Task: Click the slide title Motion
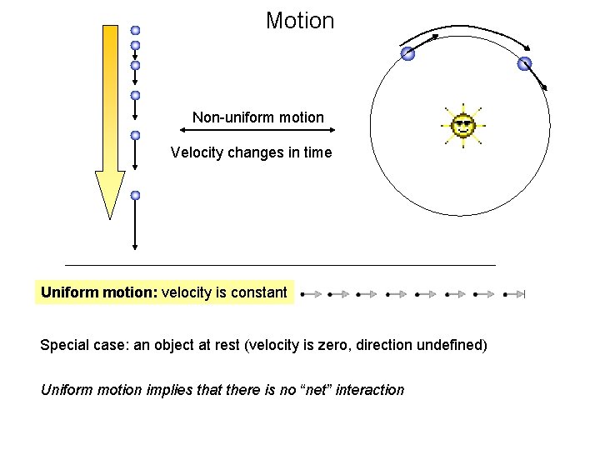point(300,21)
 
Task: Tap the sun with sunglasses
point(462,127)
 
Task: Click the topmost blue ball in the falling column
point(135,30)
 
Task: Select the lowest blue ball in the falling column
point(135,195)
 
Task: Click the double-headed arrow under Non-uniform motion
point(257,130)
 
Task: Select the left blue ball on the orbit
point(407,54)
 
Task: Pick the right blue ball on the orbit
point(524,63)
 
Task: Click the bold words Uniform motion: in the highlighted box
point(98,292)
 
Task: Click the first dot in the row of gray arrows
point(302,294)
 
